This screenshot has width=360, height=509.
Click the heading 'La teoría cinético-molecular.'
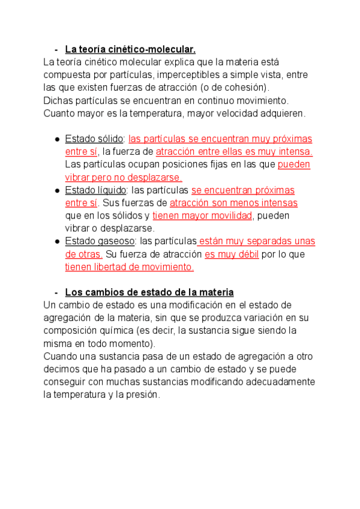coord(130,49)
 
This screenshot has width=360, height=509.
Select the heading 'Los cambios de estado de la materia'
coord(149,292)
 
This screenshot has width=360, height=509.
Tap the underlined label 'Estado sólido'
coord(94,139)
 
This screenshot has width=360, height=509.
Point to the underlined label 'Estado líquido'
coord(95,190)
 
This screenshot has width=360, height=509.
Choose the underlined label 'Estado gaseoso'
coord(98,241)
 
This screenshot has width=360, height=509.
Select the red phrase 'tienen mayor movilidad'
coord(203,215)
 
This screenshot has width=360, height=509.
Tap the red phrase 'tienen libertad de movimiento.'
coord(130,267)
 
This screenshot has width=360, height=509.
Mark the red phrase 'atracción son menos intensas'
coord(233,203)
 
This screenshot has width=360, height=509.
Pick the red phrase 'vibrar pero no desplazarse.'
coord(124,177)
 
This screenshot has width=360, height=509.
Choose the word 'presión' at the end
coord(142,395)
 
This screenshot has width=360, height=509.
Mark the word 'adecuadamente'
coord(281,382)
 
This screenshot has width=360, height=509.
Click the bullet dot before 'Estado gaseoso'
coord(56,241)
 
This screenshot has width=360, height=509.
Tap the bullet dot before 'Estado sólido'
coord(56,139)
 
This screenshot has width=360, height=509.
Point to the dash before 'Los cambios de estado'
coord(56,292)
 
